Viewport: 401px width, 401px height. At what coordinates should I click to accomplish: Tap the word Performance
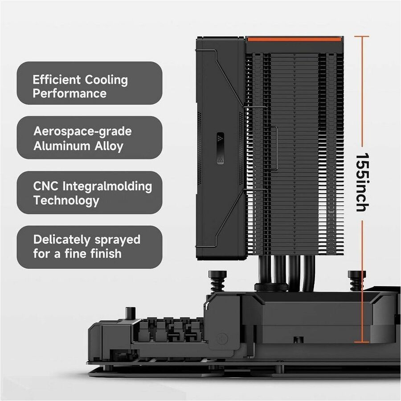point(70,94)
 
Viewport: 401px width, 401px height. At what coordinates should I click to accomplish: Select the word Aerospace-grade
point(82,132)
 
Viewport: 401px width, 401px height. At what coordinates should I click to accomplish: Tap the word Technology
point(66,200)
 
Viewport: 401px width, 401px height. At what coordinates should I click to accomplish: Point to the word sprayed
point(118,240)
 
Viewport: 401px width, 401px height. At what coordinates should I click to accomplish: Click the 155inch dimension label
point(362,182)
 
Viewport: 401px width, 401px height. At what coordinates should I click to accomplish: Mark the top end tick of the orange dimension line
point(362,36)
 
